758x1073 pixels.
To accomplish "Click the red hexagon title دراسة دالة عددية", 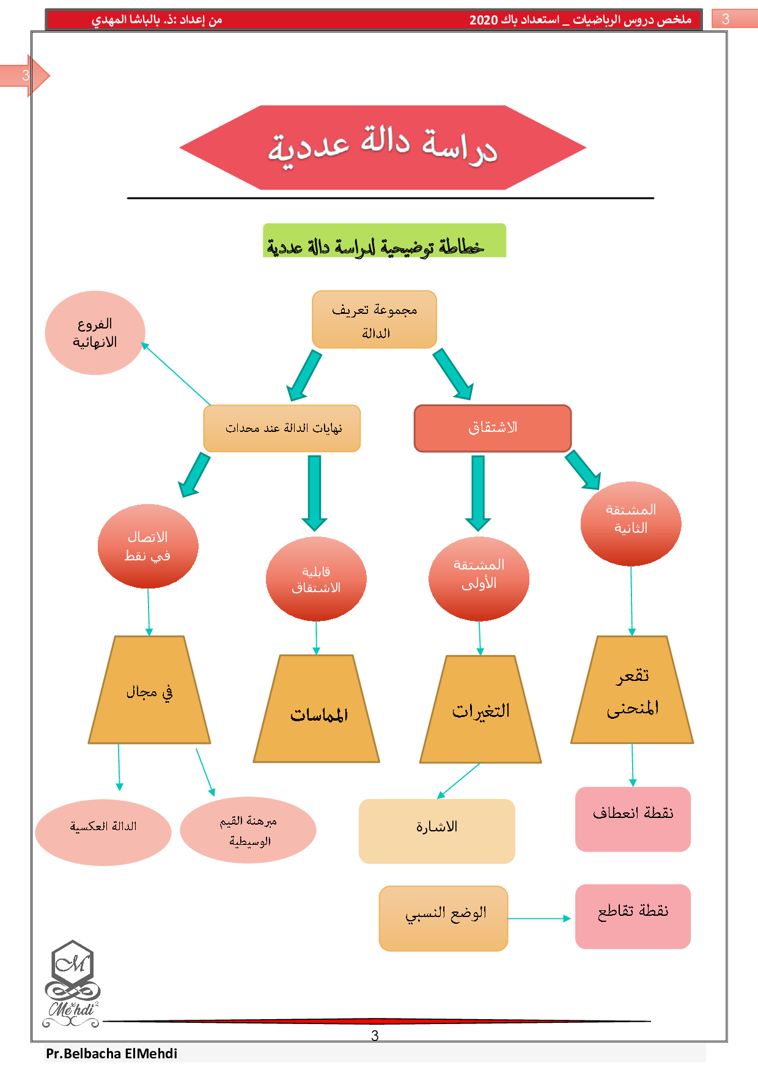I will (x=383, y=147).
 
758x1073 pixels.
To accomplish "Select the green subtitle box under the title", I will (x=385, y=240).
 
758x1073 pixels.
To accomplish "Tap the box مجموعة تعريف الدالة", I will (x=374, y=319).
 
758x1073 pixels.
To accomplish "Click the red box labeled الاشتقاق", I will (x=493, y=428).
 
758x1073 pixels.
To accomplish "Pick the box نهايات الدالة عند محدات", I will (x=282, y=428).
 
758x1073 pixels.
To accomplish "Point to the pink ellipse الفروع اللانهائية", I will (x=95, y=333).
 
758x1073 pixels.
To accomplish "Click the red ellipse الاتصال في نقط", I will (x=148, y=546).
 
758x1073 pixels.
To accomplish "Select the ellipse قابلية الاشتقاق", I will (x=316, y=579).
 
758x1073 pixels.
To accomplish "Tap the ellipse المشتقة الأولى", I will (x=479, y=579).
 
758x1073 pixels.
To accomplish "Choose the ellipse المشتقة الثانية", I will (x=631, y=524).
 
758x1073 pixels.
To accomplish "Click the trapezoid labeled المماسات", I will (x=317, y=713).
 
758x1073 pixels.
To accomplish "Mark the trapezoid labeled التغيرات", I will (x=480, y=711).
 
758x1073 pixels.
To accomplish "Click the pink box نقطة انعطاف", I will (x=633, y=819).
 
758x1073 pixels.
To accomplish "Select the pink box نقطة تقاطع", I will (x=633, y=916).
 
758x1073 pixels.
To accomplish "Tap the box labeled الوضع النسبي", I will (x=443, y=918).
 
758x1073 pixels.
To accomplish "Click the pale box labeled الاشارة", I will (x=436, y=831).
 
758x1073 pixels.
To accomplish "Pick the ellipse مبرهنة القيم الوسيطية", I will (x=248, y=830).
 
